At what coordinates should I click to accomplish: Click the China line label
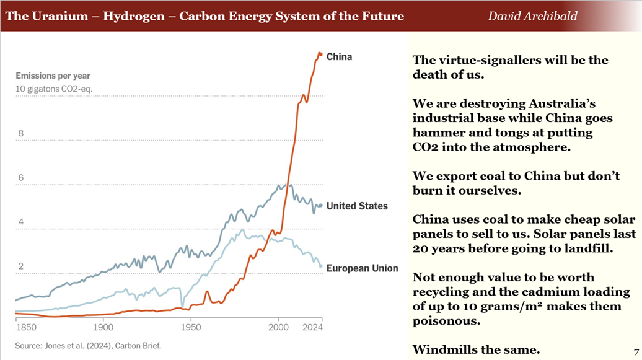339,57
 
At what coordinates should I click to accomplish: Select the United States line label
357,206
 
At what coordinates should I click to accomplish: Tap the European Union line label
362,268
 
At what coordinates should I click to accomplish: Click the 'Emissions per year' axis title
53,76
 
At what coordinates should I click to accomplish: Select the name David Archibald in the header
532,15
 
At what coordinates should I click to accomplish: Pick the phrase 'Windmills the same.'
476,350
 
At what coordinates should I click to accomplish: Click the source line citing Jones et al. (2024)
89,346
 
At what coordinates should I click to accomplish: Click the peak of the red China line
320,54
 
